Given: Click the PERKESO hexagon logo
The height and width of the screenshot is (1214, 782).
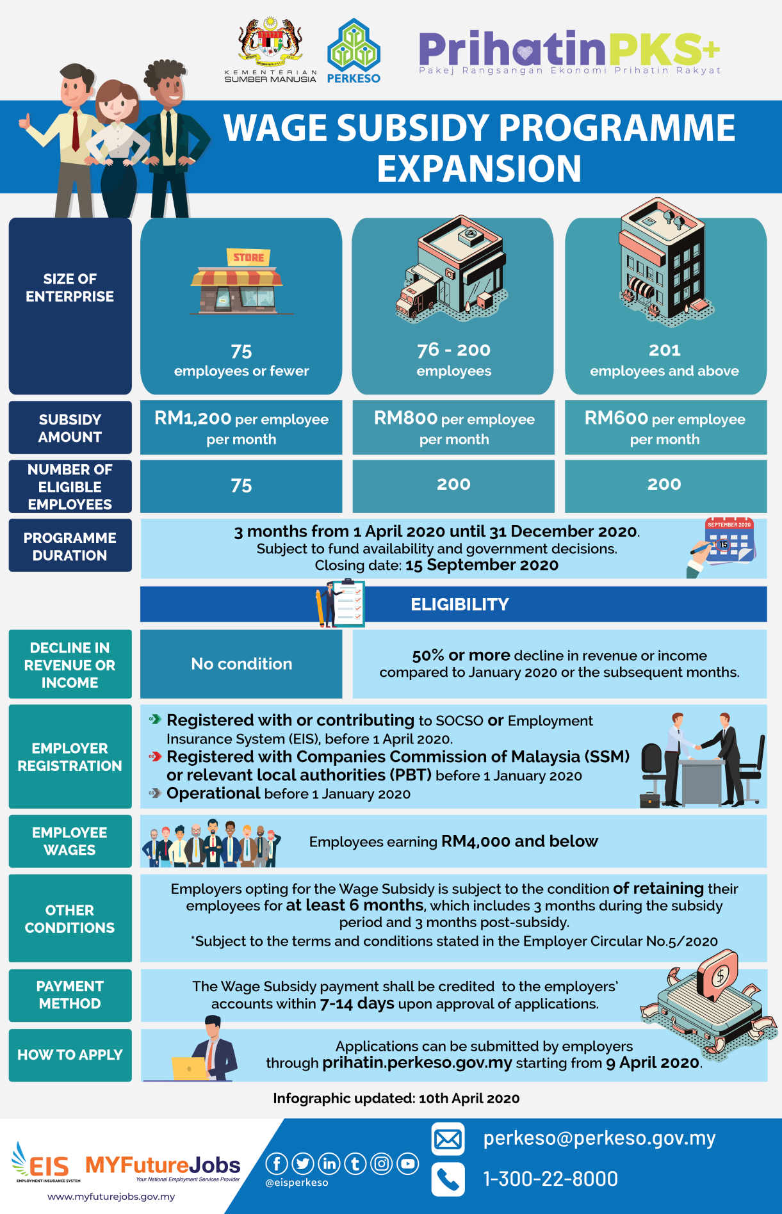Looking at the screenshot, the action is pos(354,44).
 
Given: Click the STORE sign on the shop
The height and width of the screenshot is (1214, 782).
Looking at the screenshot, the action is pos(248,257).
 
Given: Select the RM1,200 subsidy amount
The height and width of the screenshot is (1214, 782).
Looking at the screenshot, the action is pos(193,418).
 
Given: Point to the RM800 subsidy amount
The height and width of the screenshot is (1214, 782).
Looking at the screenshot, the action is pos(405,418).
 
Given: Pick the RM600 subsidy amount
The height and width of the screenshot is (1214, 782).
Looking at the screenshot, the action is pos(616,418).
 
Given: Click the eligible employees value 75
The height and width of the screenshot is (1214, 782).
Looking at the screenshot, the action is pos(241,485).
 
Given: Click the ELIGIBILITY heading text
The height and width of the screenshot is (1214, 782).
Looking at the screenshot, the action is pos(460,604).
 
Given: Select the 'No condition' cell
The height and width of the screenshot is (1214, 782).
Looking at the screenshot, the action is pos(241,664).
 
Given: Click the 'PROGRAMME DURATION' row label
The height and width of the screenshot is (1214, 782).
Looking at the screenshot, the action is pos(70,546).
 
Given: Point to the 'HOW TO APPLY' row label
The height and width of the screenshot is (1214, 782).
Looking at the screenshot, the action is pos(70,1055).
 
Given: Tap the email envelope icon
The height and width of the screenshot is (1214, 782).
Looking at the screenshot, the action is pos(448,1139).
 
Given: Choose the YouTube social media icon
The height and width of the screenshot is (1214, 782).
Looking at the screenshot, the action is pos(408,1163).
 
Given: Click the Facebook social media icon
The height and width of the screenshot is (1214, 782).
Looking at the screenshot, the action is pos(277,1163).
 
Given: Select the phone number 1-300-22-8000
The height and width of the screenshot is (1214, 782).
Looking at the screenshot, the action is pos(550,1179).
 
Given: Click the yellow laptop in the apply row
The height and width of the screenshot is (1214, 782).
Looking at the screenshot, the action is pos(191,1068).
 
